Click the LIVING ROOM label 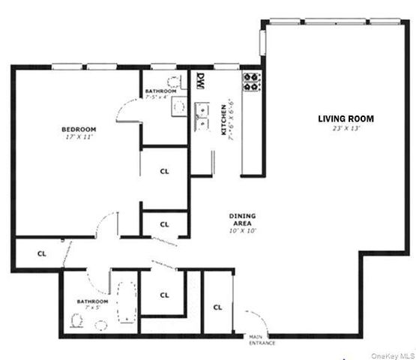tap(346, 118)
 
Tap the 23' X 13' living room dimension tap(346, 129)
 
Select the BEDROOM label tap(78, 130)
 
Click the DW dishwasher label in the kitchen tap(201, 80)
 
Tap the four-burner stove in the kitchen tap(250, 81)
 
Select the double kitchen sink tap(201, 113)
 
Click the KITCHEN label tap(223, 121)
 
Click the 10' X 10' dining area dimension tap(243, 231)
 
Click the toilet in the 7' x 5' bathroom tap(76, 321)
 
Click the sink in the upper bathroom tap(178, 106)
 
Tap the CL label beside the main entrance tap(217, 307)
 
